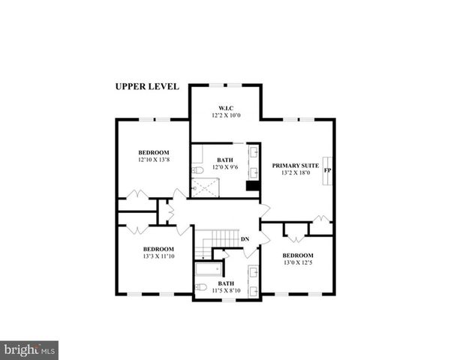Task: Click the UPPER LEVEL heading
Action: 147,86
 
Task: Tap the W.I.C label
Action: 224,108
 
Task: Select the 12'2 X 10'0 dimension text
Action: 224,116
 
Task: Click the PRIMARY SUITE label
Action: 295,165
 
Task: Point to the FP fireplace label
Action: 327,171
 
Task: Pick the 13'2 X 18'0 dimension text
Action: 295,173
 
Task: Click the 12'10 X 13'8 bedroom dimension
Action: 153,159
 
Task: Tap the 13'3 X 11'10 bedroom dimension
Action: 158,256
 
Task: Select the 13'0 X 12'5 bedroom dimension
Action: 297,262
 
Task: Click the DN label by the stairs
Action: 245,239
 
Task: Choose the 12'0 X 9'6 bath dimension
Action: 225,167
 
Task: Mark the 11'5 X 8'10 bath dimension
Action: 226,290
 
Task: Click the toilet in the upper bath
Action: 197,170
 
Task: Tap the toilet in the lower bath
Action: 200,288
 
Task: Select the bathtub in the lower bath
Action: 208,268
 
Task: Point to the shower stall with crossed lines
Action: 205,187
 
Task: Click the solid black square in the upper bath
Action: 253,187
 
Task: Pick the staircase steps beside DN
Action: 223,239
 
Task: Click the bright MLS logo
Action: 29,350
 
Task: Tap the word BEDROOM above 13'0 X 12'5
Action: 297,254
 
